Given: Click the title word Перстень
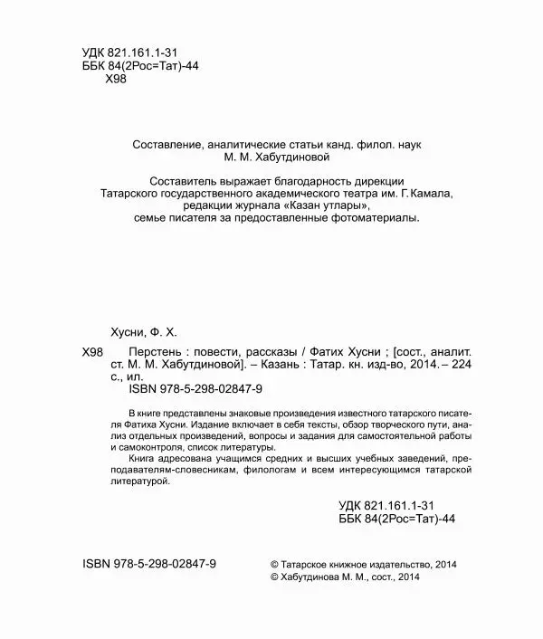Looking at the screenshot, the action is (x=135, y=353).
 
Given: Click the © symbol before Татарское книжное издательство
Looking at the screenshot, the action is (x=275, y=562).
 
